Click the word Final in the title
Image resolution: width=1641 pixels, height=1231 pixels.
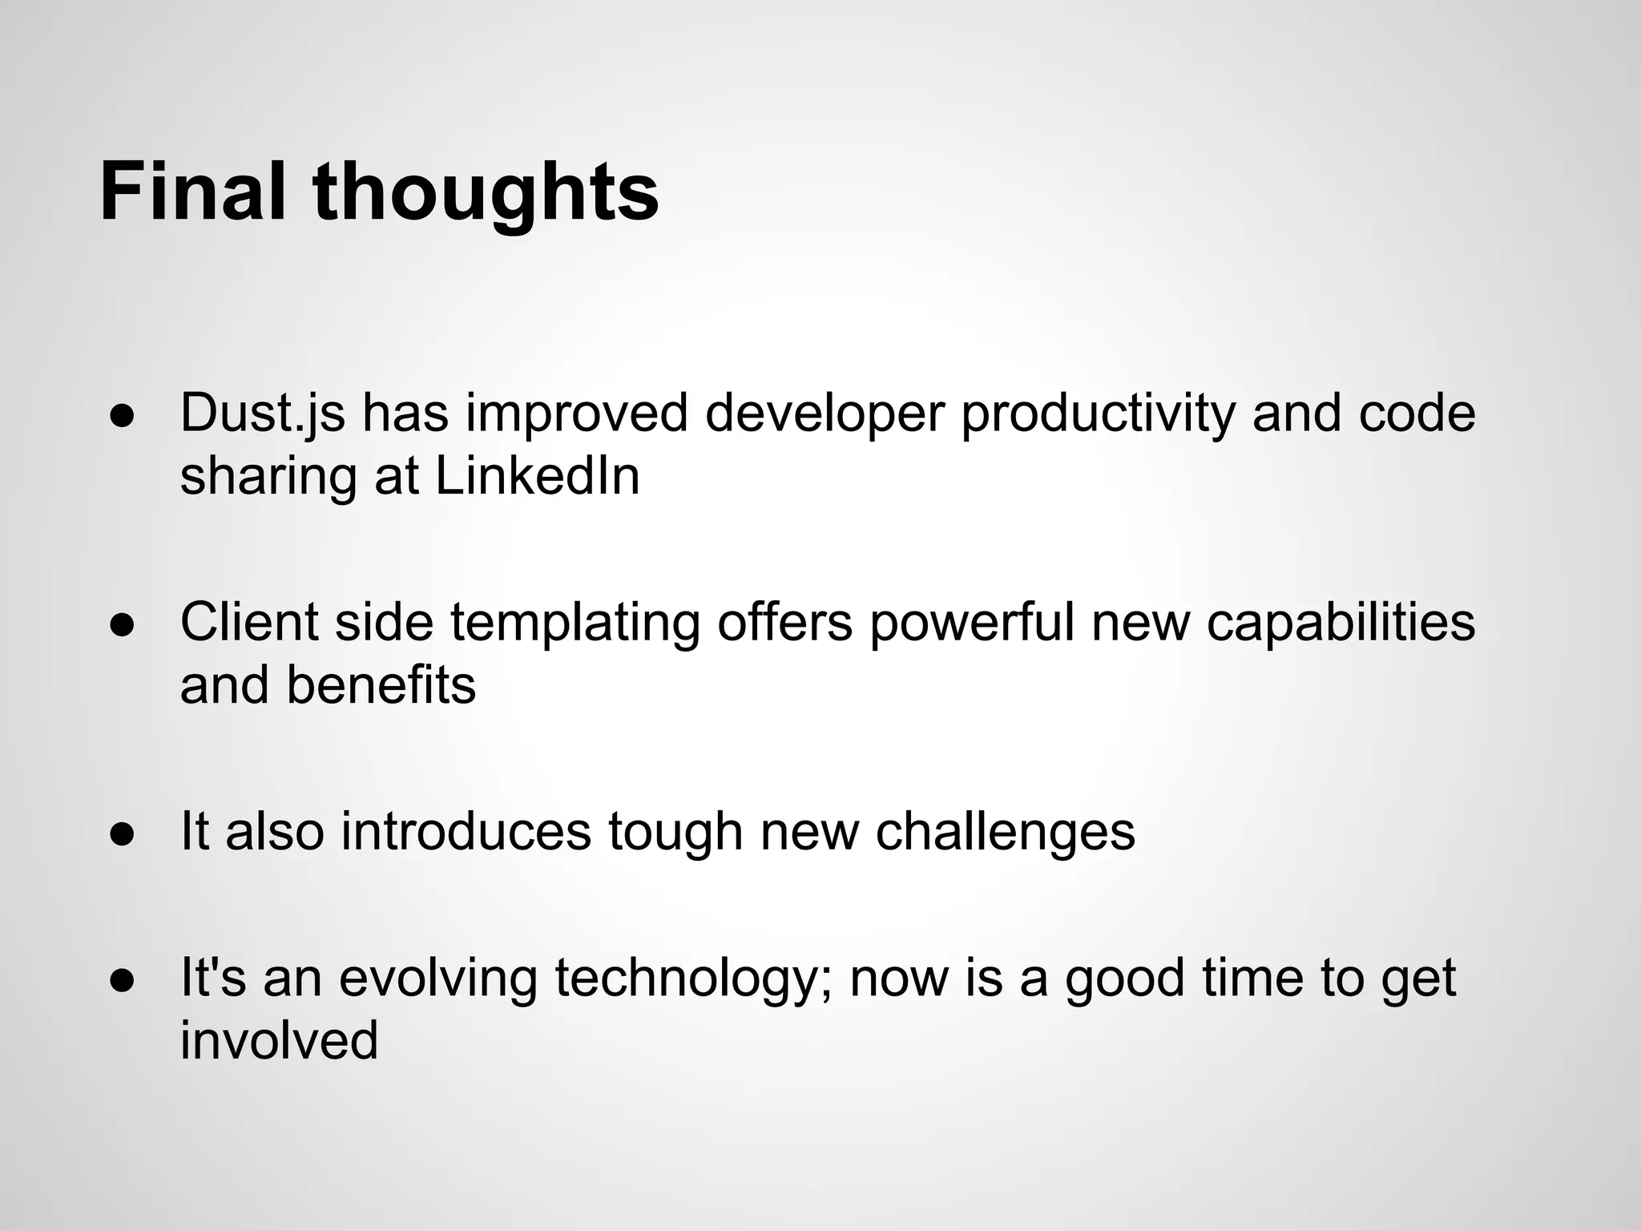point(192,192)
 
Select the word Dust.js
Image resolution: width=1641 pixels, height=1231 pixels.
point(263,415)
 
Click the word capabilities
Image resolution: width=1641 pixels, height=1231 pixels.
point(1340,624)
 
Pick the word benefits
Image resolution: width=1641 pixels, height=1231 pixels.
point(381,686)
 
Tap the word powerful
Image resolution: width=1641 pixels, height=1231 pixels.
point(971,622)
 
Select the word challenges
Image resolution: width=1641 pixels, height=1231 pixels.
point(1005,832)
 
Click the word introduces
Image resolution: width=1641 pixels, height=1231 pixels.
point(466,832)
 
